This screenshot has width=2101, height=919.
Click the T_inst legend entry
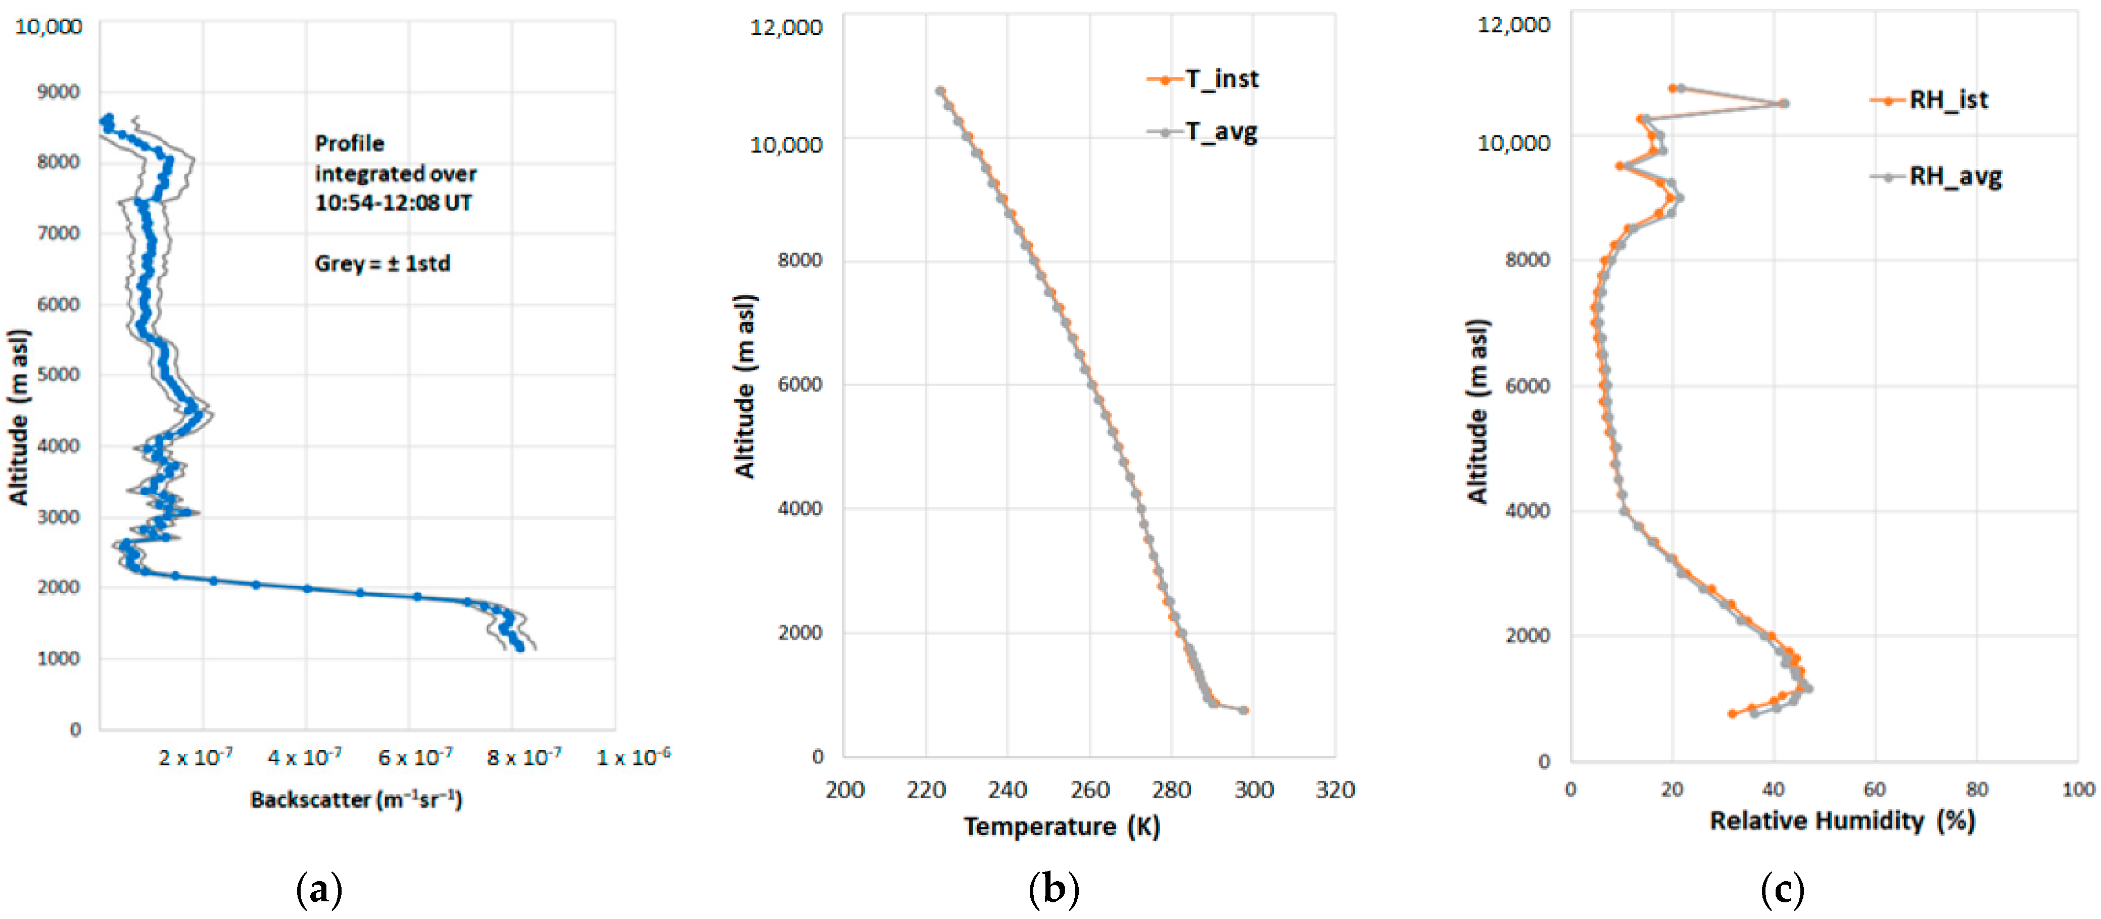click(1203, 79)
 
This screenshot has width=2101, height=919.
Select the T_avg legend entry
click(1203, 131)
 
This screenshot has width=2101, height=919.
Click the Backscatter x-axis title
click(356, 799)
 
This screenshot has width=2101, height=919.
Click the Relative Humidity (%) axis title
click(1842, 820)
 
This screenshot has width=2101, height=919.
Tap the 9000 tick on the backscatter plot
click(59, 91)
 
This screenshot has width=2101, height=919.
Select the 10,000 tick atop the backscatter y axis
click(49, 27)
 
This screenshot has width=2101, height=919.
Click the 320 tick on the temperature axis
click(1335, 789)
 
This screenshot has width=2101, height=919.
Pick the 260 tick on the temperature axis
click(1089, 789)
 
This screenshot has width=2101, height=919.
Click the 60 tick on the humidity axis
click(1874, 789)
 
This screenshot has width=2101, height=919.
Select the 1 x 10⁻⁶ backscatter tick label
click(633, 757)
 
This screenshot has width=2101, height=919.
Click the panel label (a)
click(318, 889)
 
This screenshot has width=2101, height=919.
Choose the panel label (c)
click(1782, 889)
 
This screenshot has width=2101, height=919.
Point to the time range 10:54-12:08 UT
click(393, 203)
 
